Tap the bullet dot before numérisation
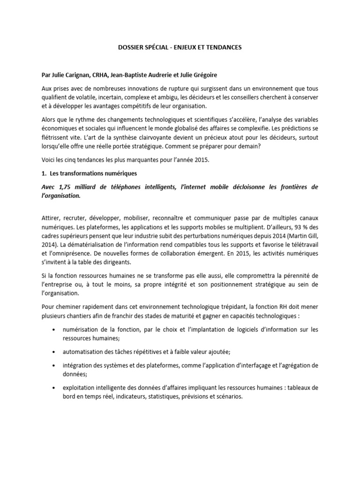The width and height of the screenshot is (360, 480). pyautogui.click(x=57, y=330)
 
